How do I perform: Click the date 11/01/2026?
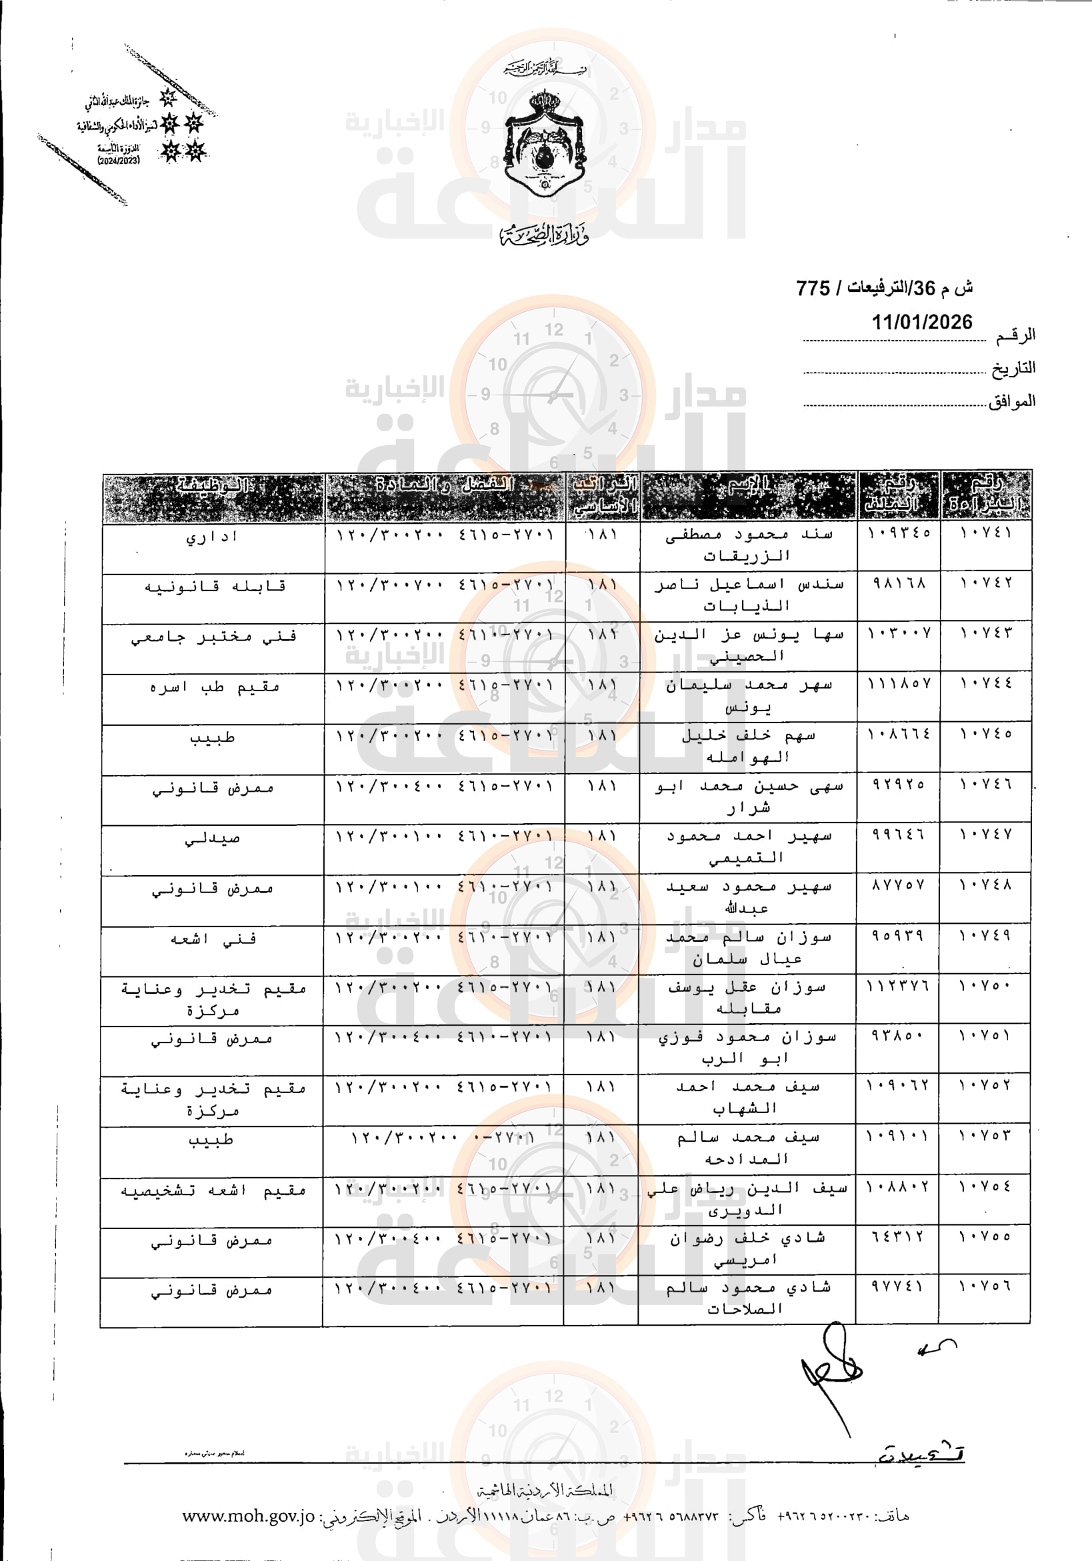click(x=921, y=321)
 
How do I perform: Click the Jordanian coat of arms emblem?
click(x=545, y=144)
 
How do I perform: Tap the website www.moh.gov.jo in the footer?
click(x=248, y=1516)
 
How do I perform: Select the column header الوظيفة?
click(x=213, y=485)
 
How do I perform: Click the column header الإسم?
click(x=748, y=485)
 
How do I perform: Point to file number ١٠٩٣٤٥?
click(x=898, y=533)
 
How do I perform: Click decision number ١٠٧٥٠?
click(x=985, y=986)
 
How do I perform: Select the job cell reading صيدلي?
click(x=212, y=838)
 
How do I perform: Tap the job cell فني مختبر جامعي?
click(x=213, y=637)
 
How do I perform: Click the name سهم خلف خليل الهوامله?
click(x=747, y=746)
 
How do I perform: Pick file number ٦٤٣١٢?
click(x=897, y=1236)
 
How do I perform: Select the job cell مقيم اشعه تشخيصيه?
click(x=213, y=1190)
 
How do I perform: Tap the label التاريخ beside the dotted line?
click(x=1013, y=369)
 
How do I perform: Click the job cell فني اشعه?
click(x=213, y=939)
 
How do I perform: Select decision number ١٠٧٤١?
click(x=985, y=533)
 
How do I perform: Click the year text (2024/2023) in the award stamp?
click(x=118, y=161)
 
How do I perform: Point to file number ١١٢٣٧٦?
click(x=897, y=986)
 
